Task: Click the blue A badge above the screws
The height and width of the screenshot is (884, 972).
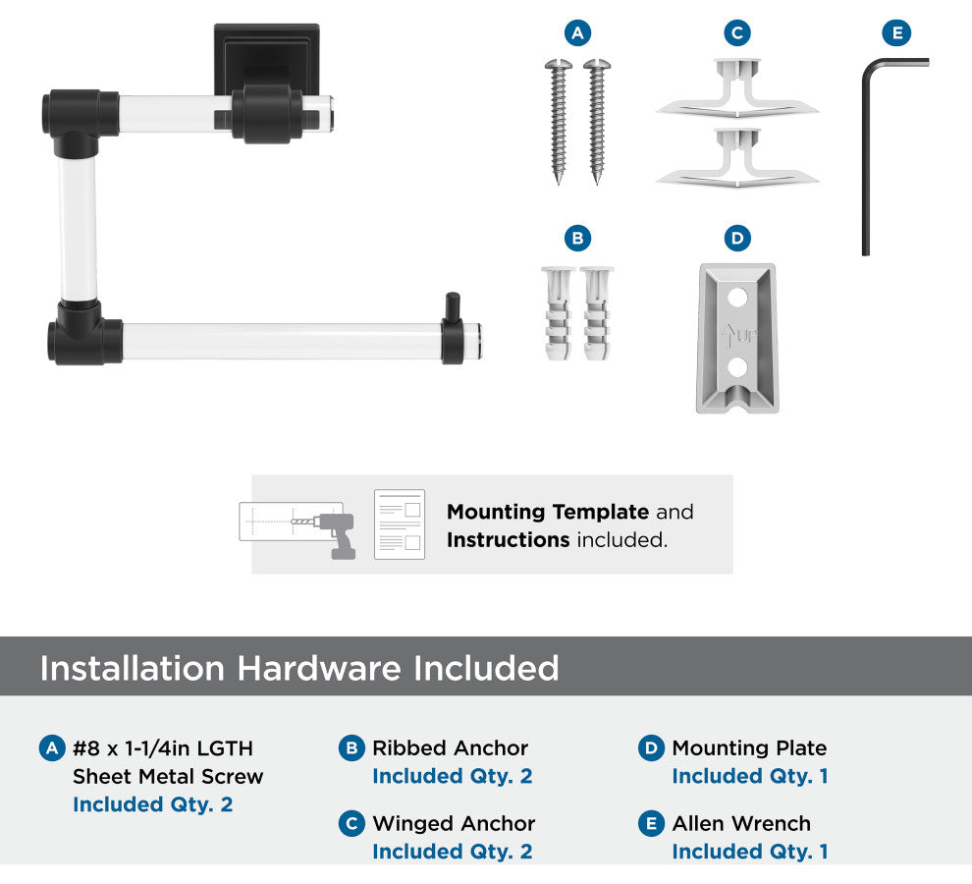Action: [x=577, y=32]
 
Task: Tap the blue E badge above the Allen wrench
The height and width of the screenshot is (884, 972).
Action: [x=897, y=32]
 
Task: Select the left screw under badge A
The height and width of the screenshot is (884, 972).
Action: [x=559, y=122]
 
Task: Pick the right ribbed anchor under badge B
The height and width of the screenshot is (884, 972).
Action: [x=597, y=314]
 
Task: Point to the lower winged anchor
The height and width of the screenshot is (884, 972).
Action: [x=737, y=158]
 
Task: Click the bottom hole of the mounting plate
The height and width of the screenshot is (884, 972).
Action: [x=737, y=366]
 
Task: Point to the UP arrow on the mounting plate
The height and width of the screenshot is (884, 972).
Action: [x=728, y=337]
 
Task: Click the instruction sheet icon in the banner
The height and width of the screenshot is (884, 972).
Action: [x=400, y=525]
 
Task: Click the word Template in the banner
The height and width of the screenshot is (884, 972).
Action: [x=600, y=512]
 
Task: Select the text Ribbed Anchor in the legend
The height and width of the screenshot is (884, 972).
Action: [x=450, y=748]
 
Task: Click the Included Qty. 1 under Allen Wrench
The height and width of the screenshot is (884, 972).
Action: [x=750, y=852]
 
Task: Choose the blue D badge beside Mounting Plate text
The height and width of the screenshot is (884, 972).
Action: [x=651, y=748]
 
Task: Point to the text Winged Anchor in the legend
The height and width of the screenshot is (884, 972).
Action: [x=454, y=824]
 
